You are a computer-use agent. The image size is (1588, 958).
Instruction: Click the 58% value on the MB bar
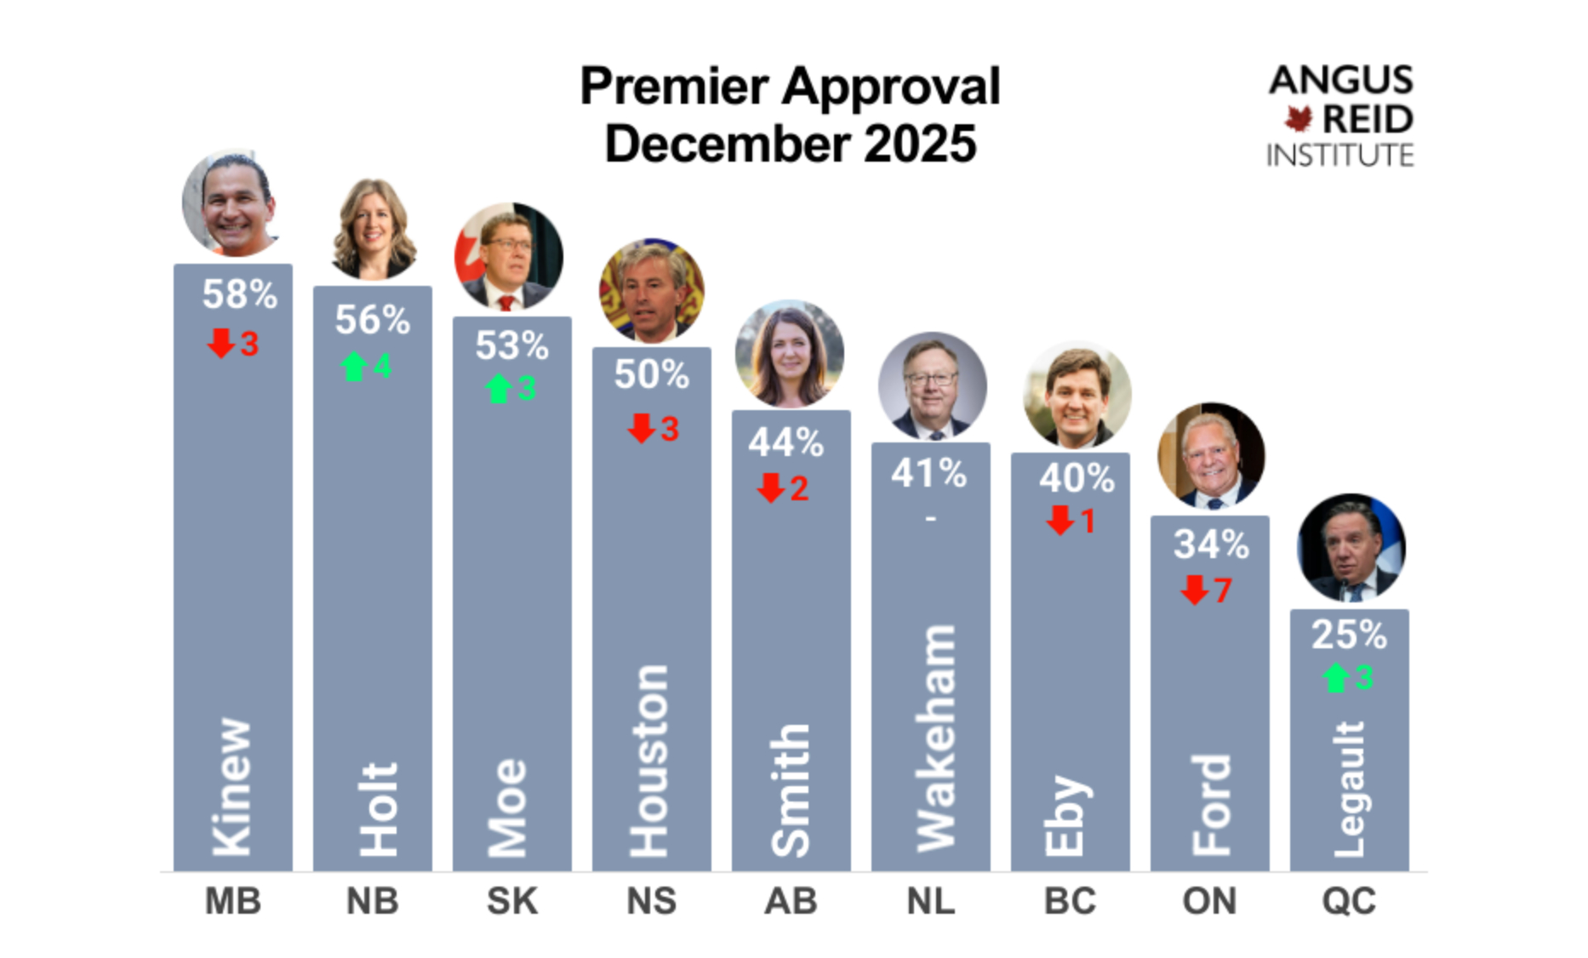click(239, 295)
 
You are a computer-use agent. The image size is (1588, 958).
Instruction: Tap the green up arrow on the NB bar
click(353, 367)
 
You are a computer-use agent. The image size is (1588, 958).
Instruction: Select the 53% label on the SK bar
click(511, 346)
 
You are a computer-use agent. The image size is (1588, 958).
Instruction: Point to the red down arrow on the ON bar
click(1194, 590)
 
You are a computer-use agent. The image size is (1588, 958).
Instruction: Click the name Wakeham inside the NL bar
click(934, 738)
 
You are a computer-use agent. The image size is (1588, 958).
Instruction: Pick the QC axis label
click(1348, 901)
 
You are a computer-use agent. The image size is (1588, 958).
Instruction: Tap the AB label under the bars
click(791, 901)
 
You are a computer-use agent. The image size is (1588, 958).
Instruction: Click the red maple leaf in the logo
click(1299, 118)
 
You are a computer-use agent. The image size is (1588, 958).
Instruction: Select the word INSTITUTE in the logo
click(1340, 156)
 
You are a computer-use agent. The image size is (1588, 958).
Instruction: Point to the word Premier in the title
click(675, 87)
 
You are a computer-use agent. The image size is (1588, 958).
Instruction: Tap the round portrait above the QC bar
click(1351, 548)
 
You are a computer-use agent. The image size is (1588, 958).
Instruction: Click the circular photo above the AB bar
click(789, 354)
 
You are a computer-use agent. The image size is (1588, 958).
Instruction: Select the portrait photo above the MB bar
click(231, 204)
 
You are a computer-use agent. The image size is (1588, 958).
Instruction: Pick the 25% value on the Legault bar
click(1349, 635)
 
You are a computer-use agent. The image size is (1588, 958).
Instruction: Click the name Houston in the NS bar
click(648, 761)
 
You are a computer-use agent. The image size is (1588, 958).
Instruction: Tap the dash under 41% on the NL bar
click(930, 517)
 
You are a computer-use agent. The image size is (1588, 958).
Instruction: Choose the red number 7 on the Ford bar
click(1223, 590)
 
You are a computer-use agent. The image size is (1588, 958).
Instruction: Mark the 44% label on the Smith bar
click(786, 443)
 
